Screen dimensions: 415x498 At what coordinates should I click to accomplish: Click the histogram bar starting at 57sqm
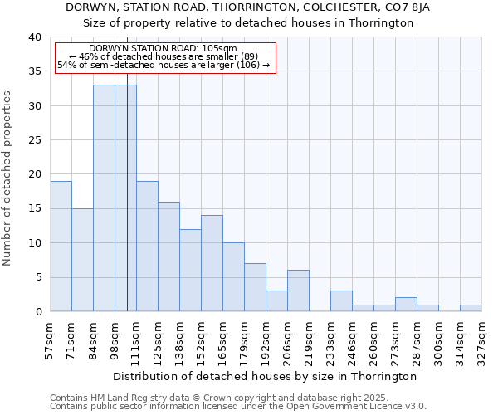61,247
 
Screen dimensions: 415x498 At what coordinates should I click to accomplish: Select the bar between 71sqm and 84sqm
82,260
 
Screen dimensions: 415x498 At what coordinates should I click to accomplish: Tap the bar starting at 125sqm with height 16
168,256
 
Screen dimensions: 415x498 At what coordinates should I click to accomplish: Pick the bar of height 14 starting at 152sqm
212,263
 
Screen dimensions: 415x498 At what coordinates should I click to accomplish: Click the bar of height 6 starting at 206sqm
298,290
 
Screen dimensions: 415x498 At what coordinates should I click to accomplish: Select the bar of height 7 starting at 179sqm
255,287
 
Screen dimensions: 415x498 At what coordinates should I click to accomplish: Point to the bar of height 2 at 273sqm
406,305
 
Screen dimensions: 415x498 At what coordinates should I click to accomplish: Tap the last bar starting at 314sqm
471,308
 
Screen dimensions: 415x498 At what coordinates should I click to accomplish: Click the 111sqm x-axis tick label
136,339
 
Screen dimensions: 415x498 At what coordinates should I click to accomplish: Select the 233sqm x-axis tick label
330,339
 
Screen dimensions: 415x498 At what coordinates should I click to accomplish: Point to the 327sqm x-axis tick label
481,339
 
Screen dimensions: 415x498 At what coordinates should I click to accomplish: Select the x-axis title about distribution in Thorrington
264,376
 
